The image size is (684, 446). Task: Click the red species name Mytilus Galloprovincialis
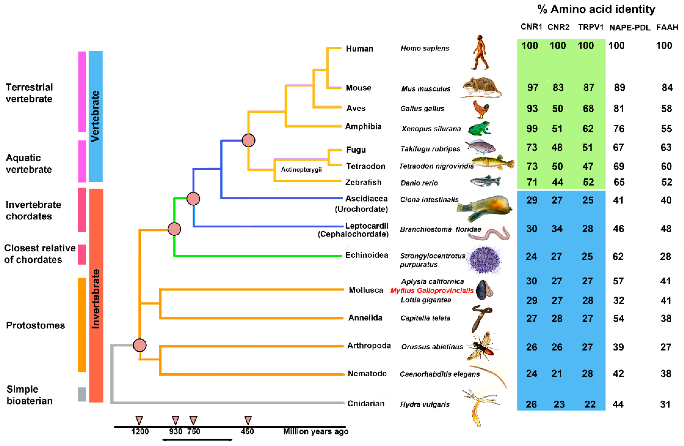(x=432, y=290)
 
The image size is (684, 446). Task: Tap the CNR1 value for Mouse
(x=532, y=87)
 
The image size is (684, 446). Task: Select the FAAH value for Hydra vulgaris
(x=665, y=404)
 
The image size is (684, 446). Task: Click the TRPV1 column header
(x=591, y=27)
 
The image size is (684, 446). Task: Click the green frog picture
(x=479, y=128)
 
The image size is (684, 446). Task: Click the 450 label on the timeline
(x=247, y=431)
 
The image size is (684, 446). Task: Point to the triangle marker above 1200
(x=139, y=420)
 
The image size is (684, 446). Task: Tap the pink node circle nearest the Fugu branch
(x=249, y=140)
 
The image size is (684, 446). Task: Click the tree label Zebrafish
(x=363, y=182)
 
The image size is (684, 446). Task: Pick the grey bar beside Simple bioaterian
(x=82, y=394)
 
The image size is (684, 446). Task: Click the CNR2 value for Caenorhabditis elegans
(x=556, y=374)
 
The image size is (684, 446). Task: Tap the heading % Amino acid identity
(x=596, y=9)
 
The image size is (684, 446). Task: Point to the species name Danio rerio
(x=419, y=183)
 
